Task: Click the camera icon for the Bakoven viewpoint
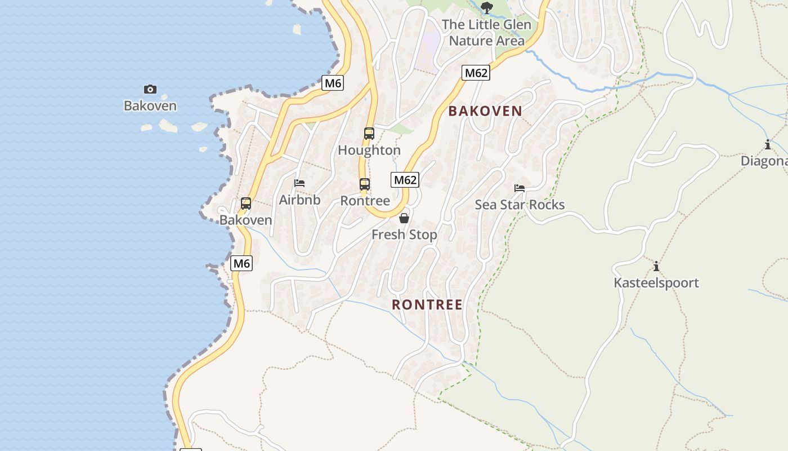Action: click(x=150, y=89)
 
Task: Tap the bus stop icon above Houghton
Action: click(x=369, y=134)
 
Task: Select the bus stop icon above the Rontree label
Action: click(x=365, y=184)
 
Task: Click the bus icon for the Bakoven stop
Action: click(x=246, y=204)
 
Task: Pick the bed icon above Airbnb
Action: click(x=299, y=183)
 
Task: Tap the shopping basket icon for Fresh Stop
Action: click(x=404, y=218)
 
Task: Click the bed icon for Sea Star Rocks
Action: click(x=520, y=188)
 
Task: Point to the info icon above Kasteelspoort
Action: click(x=656, y=266)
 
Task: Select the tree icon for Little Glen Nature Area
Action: click(x=487, y=8)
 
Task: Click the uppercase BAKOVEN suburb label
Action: click(x=485, y=111)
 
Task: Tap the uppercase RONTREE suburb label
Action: click(x=427, y=305)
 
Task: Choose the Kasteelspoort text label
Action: click(x=656, y=283)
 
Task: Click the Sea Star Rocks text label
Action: click(x=520, y=205)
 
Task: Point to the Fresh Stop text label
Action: click(x=404, y=235)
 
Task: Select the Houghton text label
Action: click(x=369, y=151)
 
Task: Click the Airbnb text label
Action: click(x=299, y=200)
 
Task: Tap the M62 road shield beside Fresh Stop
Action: click(x=405, y=180)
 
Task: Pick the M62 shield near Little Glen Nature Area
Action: click(x=476, y=73)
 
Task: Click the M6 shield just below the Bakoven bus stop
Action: click(x=241, y=263)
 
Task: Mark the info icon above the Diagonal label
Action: click(x=768, y=145)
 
